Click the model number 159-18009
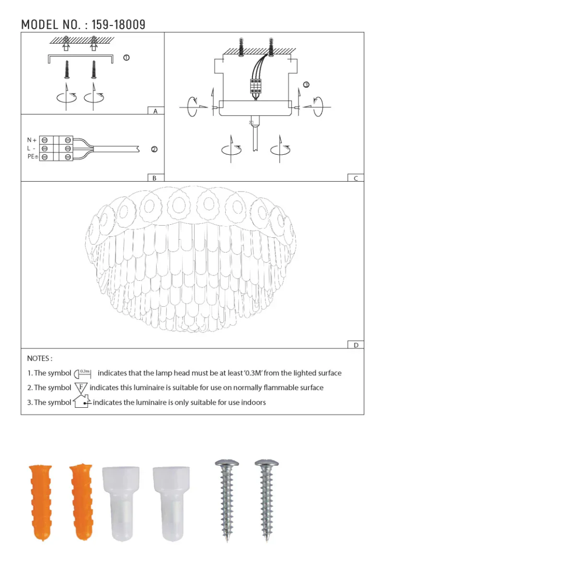pyautogui.click(x=118, y=24)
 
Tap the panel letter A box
pyautogui.click(x=155, y=111)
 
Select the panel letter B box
pyautogui.click(x=154, y=178)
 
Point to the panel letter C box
pyautogui.click(x=356, y=178)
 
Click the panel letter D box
pyautogui.click(x=356, y=345)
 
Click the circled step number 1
pyautogui.click(x=126, y=58)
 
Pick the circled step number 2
pyautogui.click(x=154, y=149)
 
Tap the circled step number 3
pyautogui.click(x=306, y=85)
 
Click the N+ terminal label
pyautogui.click(x=32, y=140)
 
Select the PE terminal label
pyautogui.click(x=32, y=157)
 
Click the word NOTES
pyautogui.click(x=39, y=358)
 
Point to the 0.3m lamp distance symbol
pyautogui.click(x=82, y=373)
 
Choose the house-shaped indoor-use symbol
pyautogui.click(x=81, y=401)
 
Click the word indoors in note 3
pyautogui.click(x=253, y=402)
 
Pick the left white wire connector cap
pyautogui.click(x=121, y=503)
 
